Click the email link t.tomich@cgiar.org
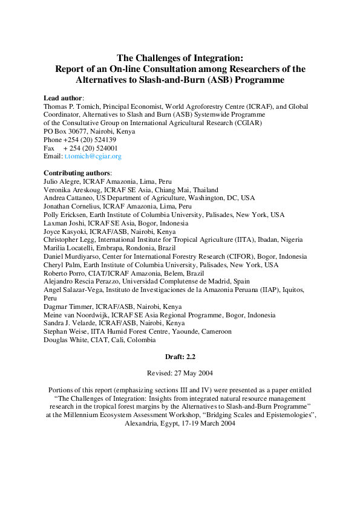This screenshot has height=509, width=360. tap(93, 156)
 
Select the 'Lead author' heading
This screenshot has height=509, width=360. tap(64, 98)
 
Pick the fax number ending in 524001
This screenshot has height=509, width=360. tap(91, 148)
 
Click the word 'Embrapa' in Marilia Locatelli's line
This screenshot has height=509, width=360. tap(106, 248)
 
